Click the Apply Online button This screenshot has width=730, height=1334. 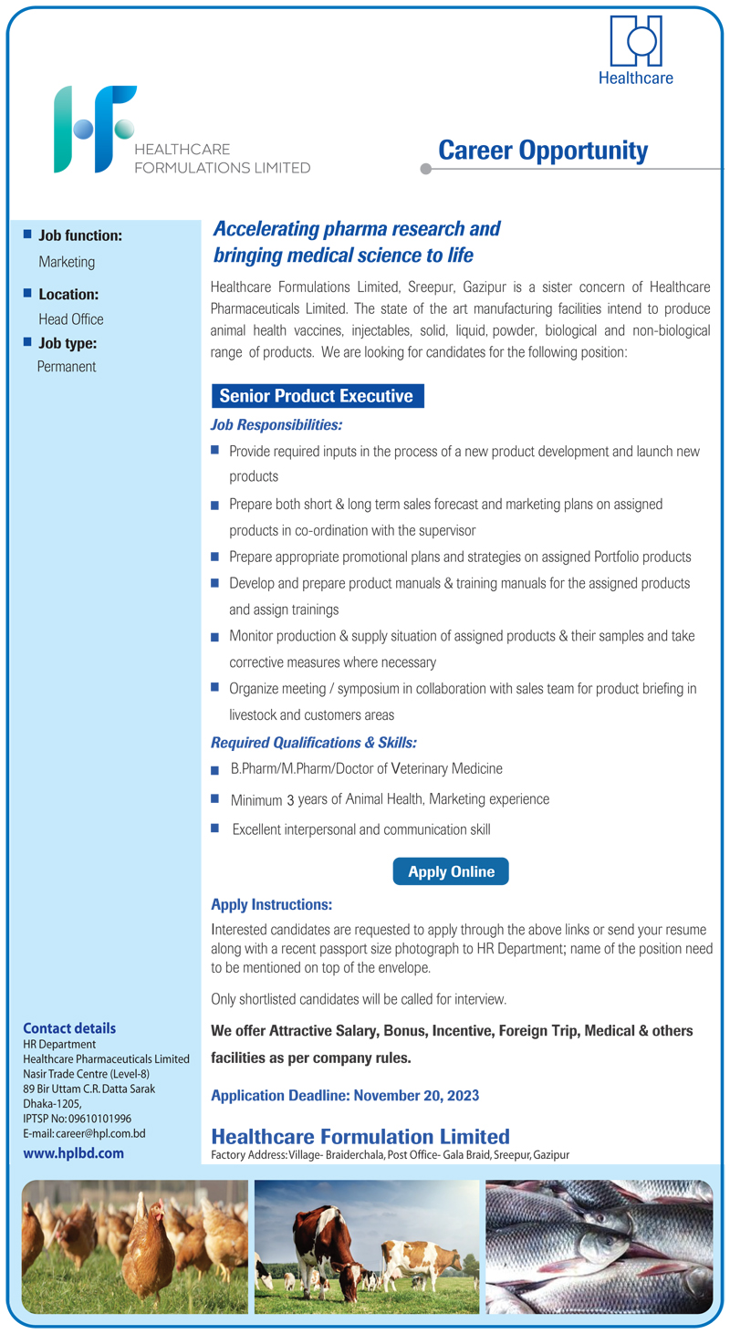451,871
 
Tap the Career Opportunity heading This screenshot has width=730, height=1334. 543,151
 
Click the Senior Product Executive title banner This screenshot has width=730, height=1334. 317,396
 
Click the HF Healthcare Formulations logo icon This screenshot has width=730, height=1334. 94,129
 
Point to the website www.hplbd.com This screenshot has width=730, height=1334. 73,1153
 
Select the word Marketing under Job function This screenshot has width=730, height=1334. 67,262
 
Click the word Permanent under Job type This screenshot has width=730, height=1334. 67,367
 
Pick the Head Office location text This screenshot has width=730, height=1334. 71,319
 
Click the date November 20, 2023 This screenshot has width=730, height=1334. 416,1095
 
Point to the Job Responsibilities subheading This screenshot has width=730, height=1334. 276,425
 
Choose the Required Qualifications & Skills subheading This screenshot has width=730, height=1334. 314,743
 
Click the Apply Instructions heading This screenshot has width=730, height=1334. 271,905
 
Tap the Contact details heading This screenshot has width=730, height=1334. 69,1028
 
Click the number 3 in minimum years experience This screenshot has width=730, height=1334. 290,800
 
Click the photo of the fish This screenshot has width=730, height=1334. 599,1246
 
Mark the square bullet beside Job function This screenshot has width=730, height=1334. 26,234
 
